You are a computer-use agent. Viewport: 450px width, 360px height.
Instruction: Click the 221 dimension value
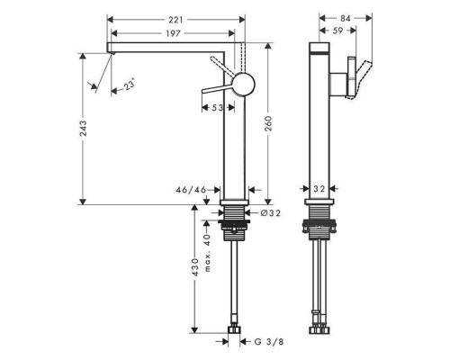[x=175, y=20]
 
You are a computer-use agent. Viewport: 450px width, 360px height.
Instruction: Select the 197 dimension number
[x=173, y=33]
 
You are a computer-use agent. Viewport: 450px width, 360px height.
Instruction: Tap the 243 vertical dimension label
[x=83, y=129]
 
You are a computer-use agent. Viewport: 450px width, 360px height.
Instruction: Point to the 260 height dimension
[x=268, y=123]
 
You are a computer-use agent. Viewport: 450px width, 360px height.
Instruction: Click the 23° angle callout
[x=130, y=85]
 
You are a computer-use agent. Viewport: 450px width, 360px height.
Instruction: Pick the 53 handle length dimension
[x=218, y=107]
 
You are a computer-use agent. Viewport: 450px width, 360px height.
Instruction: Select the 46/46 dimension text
[x=191, y=190]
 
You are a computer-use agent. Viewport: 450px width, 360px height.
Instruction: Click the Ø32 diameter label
[x=271, y=213]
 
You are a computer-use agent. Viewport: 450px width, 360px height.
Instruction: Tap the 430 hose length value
[x=195, y=266]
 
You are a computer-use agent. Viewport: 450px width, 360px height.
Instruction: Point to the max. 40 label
[x=207, y=253]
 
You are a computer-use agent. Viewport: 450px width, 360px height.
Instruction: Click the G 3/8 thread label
[x=269, y=342]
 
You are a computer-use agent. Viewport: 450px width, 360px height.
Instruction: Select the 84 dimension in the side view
[x=346, y=19]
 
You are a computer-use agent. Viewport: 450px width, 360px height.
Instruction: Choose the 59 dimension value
[x=337, y=31]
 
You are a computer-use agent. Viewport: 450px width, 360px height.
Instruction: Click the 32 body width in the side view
[x=319, y=189]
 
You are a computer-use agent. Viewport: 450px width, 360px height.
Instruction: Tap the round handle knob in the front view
[x=244, y=84]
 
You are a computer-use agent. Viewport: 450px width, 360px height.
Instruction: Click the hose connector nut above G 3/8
[x=234, y=330]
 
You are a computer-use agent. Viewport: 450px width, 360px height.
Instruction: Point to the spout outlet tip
[x=112, y=53]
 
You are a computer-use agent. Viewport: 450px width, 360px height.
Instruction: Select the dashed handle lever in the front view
[x=223, y=66]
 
